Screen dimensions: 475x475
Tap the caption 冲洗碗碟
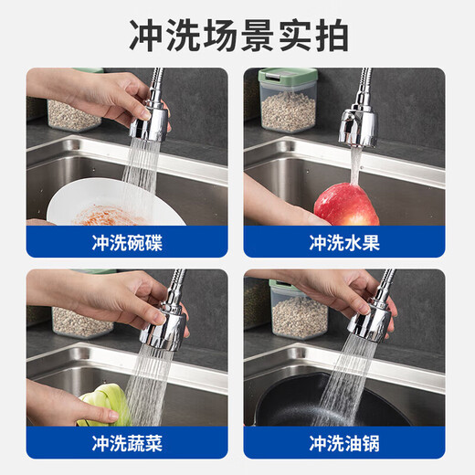tap(127, 243)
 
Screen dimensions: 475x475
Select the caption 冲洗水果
tap(343, 243)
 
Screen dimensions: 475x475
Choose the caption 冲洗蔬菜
tap(127, 444)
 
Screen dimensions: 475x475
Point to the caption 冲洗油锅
tap(343, 444)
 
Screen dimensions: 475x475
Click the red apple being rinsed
tap(346, 206)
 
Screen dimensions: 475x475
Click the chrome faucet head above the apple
tap(358, 125)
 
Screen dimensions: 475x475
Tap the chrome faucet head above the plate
tap(149, 121)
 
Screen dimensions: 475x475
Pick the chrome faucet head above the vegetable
tap(167, 323)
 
